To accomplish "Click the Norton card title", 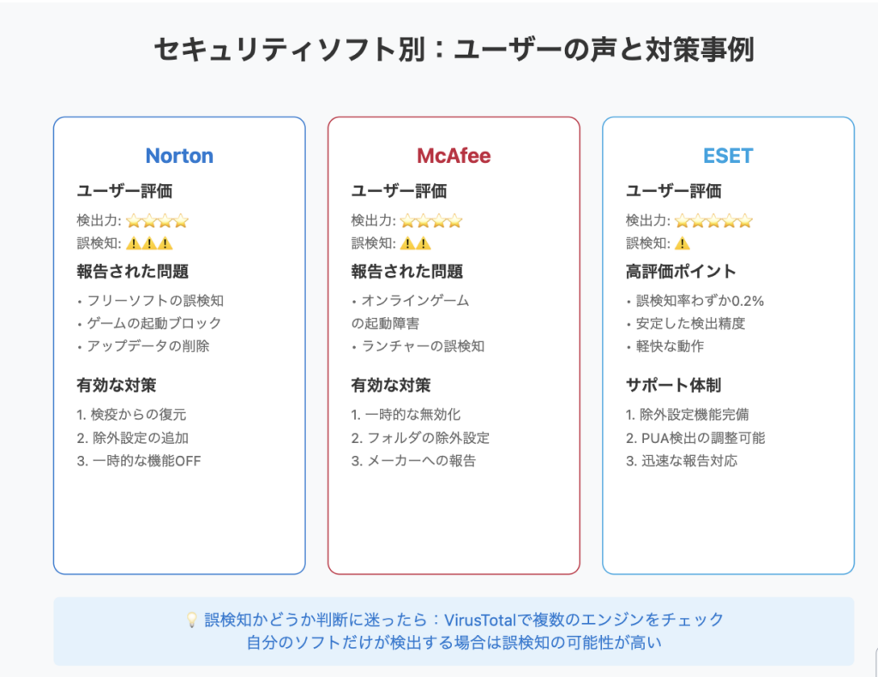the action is point(179,156).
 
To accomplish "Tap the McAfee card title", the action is point(454,156).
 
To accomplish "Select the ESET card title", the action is point(728,156).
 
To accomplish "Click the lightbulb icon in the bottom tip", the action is point(191,620).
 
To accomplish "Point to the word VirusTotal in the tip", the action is point(480,620).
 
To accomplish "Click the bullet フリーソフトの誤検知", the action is point(155,301).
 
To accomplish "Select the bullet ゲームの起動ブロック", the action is point(154,323).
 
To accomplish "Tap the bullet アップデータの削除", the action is point(147,346).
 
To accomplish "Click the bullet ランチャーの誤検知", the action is point(423,346).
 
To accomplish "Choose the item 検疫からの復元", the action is point(138,415).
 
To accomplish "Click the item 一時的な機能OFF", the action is point(146,461).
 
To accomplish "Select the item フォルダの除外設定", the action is point(428,438).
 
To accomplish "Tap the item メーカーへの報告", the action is point(421,461).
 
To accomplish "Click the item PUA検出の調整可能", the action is point(703,438).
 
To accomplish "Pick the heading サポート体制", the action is point(673,385).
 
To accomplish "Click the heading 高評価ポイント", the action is point(680,272).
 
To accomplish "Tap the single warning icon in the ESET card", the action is point(682,243).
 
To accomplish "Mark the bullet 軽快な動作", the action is point(670,346).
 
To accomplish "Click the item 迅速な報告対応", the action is point(689,461).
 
